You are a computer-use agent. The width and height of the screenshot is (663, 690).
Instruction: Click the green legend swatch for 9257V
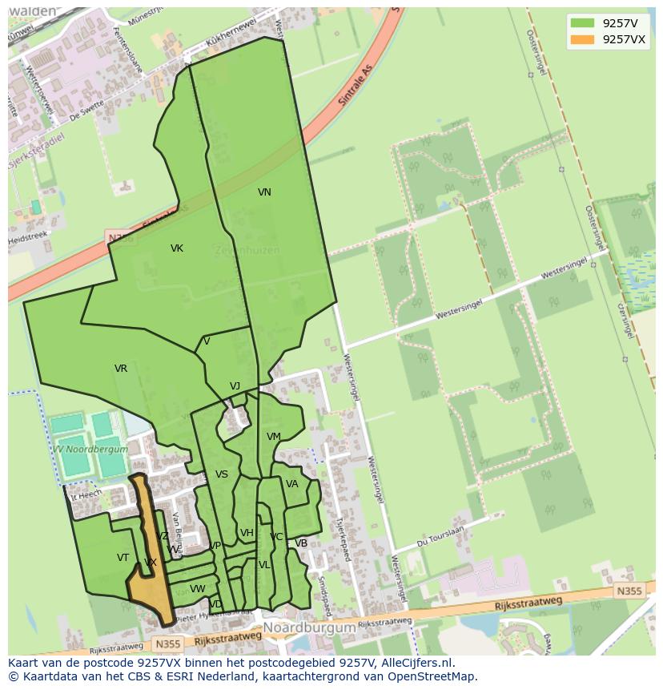point(582,23)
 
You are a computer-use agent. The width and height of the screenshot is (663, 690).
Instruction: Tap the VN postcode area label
point(264,192)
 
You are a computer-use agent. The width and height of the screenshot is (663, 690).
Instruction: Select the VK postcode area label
point(177,248)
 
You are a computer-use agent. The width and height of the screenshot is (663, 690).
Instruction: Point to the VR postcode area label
point(121,369)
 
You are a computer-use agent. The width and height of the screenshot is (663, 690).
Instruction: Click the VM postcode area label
point(274,437)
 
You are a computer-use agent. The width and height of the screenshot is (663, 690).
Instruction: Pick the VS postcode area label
point(222,474)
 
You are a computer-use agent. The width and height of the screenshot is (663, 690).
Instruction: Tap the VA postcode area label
point(292,484)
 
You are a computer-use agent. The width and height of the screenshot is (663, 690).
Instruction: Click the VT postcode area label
point(123,558)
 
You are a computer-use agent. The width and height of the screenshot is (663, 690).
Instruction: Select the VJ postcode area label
point(235,386)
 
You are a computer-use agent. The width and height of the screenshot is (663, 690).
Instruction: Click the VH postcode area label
point(247,533)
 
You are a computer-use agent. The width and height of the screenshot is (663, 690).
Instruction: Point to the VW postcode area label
point(197,589)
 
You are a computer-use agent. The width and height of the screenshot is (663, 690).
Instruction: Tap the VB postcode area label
point(301,543)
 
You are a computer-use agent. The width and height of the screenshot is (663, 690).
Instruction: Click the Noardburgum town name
point(309,627)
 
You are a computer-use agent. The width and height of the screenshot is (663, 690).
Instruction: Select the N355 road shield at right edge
point(629,591)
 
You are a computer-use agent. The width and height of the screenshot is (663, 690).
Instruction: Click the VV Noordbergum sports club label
point(88,450)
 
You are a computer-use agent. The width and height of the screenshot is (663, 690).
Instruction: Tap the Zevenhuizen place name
point(247,250)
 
